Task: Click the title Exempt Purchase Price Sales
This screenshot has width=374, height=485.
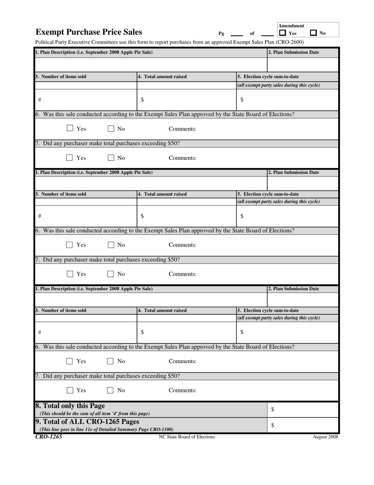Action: [x=89, y=32]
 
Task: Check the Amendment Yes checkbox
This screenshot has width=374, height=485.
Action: [x=282, y=33]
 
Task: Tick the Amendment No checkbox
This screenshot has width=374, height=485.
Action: [x=313, y=33]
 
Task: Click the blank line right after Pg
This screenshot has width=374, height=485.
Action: [x=237, y=35]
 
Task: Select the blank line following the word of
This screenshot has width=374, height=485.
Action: [x=267, y=35]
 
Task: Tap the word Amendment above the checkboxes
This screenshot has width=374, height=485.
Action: [x=291, y=26]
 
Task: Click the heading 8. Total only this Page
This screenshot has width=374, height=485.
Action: [x=70, y=406]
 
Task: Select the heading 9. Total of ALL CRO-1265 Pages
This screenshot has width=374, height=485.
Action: [x=87, y=422]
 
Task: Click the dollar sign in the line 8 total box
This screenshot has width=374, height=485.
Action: [x=272, y=410]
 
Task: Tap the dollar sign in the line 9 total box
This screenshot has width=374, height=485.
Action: [x=272, y=425]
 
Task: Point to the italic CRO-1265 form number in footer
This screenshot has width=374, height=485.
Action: [x=48, y=437]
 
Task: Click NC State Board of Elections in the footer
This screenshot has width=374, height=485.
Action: [x=187, y=437]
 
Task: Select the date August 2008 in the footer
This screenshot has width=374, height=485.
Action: [x=325, y=437]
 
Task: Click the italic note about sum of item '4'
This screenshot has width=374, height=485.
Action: [x=94, y=414]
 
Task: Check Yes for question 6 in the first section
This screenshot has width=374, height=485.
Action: [x=70, y=128]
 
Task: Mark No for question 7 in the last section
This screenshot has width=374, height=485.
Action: [x=111, y=390]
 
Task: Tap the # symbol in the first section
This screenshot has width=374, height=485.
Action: [x=39, y=100]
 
